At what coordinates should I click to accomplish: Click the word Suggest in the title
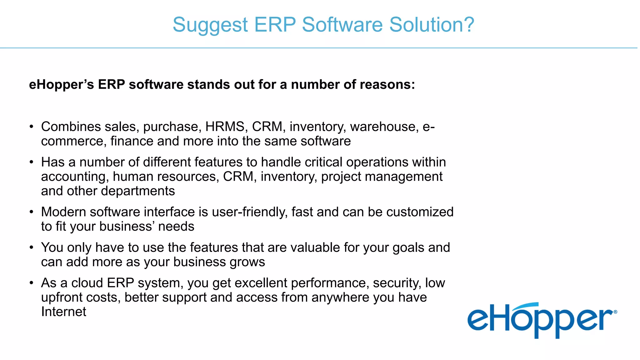[x=210, y=25]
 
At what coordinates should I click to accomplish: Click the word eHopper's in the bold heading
[x=61, y=85]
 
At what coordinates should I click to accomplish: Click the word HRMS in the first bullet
[x=225, y=127]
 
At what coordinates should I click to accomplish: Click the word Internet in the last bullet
[x=63, y=312]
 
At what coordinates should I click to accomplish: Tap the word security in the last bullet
[x=397, y=283]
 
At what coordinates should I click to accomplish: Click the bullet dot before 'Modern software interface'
[x=31, y=212]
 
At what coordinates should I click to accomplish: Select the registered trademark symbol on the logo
[x=615, y=312]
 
